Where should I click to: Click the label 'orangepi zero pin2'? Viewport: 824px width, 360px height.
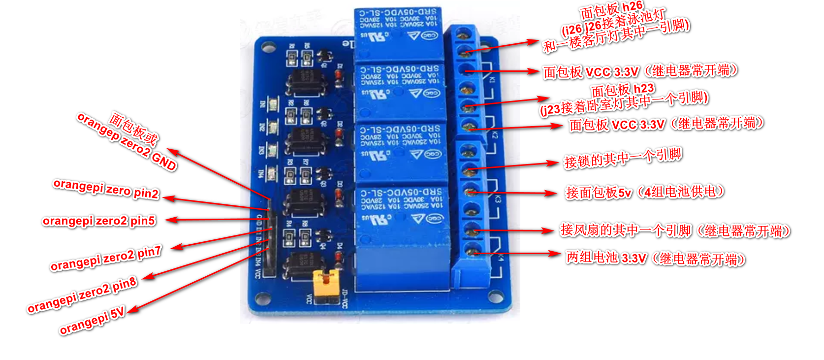(x=106, y=189)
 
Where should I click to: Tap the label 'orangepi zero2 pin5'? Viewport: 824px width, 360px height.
(x=99, y=221)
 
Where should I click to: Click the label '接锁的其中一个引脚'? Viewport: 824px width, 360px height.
(x=623, y=158)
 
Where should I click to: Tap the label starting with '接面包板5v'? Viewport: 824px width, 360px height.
(x=645, y=192)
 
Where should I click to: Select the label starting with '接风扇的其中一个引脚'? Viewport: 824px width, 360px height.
(x=675, y=230)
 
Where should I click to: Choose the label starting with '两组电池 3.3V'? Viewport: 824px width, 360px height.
(x=655, y=258)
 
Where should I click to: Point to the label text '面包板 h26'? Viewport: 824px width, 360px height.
(x=611, y=9)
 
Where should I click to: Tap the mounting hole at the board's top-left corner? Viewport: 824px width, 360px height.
(x=268, y=47)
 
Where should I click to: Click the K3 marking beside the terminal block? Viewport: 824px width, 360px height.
(x=498, y=199)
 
